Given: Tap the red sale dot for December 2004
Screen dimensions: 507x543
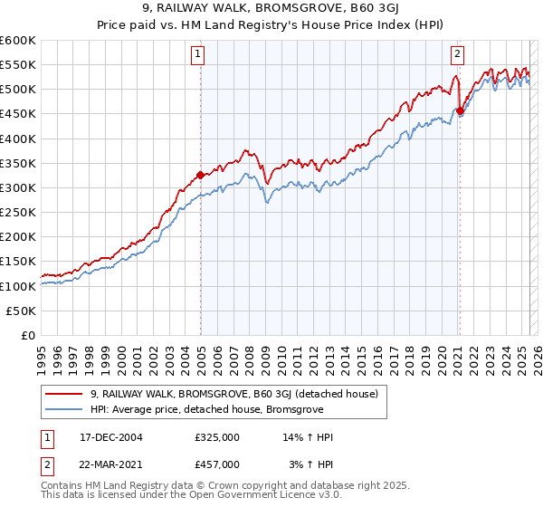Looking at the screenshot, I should pyautogui.click(x=200, y=175).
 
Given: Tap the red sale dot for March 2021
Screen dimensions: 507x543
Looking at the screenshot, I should pyautogui.click(x=460, y=111).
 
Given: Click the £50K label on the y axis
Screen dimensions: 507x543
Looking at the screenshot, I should pyautogui.click(x=22, y=311).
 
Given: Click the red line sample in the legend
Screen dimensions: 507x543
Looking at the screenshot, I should pyautogui.click(x=65, y=394).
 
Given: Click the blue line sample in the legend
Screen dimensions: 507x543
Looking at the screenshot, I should pyautogui.click(x=65, y=409).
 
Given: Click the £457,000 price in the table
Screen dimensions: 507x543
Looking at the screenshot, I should pyautogui.click(x=216, y=464).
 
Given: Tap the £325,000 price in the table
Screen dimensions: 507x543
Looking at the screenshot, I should pyautogui.click(x=216, y=438).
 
